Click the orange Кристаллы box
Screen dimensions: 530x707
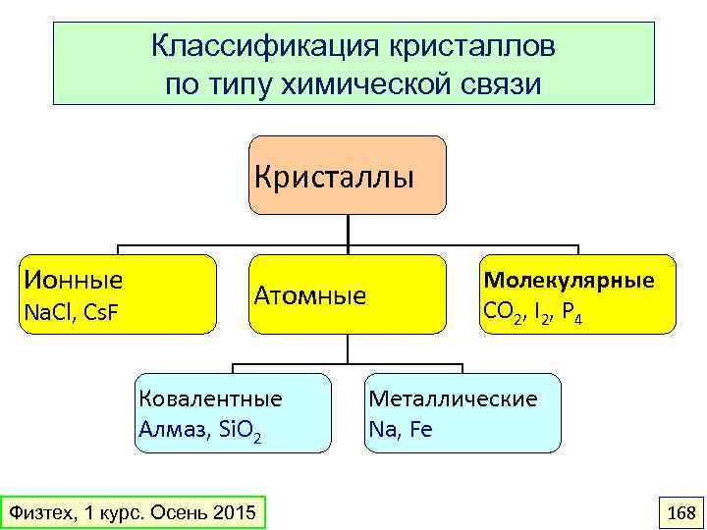click(x=348, y=177)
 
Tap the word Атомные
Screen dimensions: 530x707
click(x=310, y=295)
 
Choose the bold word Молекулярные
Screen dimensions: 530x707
click(x=569, y=281)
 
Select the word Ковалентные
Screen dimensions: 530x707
click(x=210, y=398)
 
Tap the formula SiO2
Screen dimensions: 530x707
click(x=239, y=431)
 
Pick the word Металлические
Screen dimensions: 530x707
click(x=453, y=398)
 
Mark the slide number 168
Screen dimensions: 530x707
click(x=680, y=512)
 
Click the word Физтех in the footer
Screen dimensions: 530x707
click(x=37, y=512)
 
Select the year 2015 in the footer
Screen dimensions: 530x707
click(x=234, y=512)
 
